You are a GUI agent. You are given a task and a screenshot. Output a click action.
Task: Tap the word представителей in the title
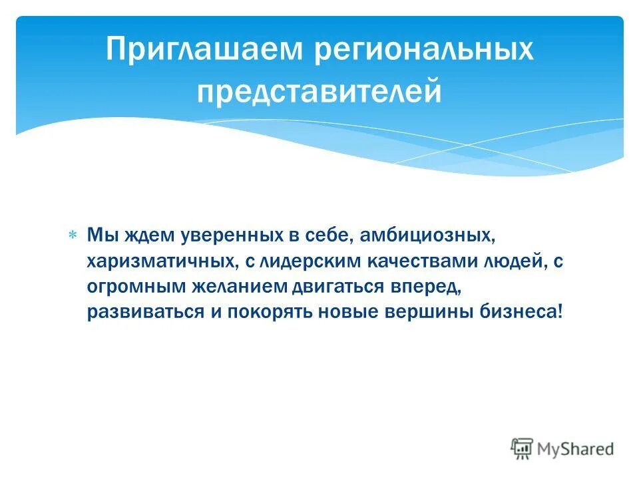319,92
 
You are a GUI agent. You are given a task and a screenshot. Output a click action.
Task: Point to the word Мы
101,236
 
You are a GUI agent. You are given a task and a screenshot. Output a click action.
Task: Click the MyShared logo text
576,448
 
